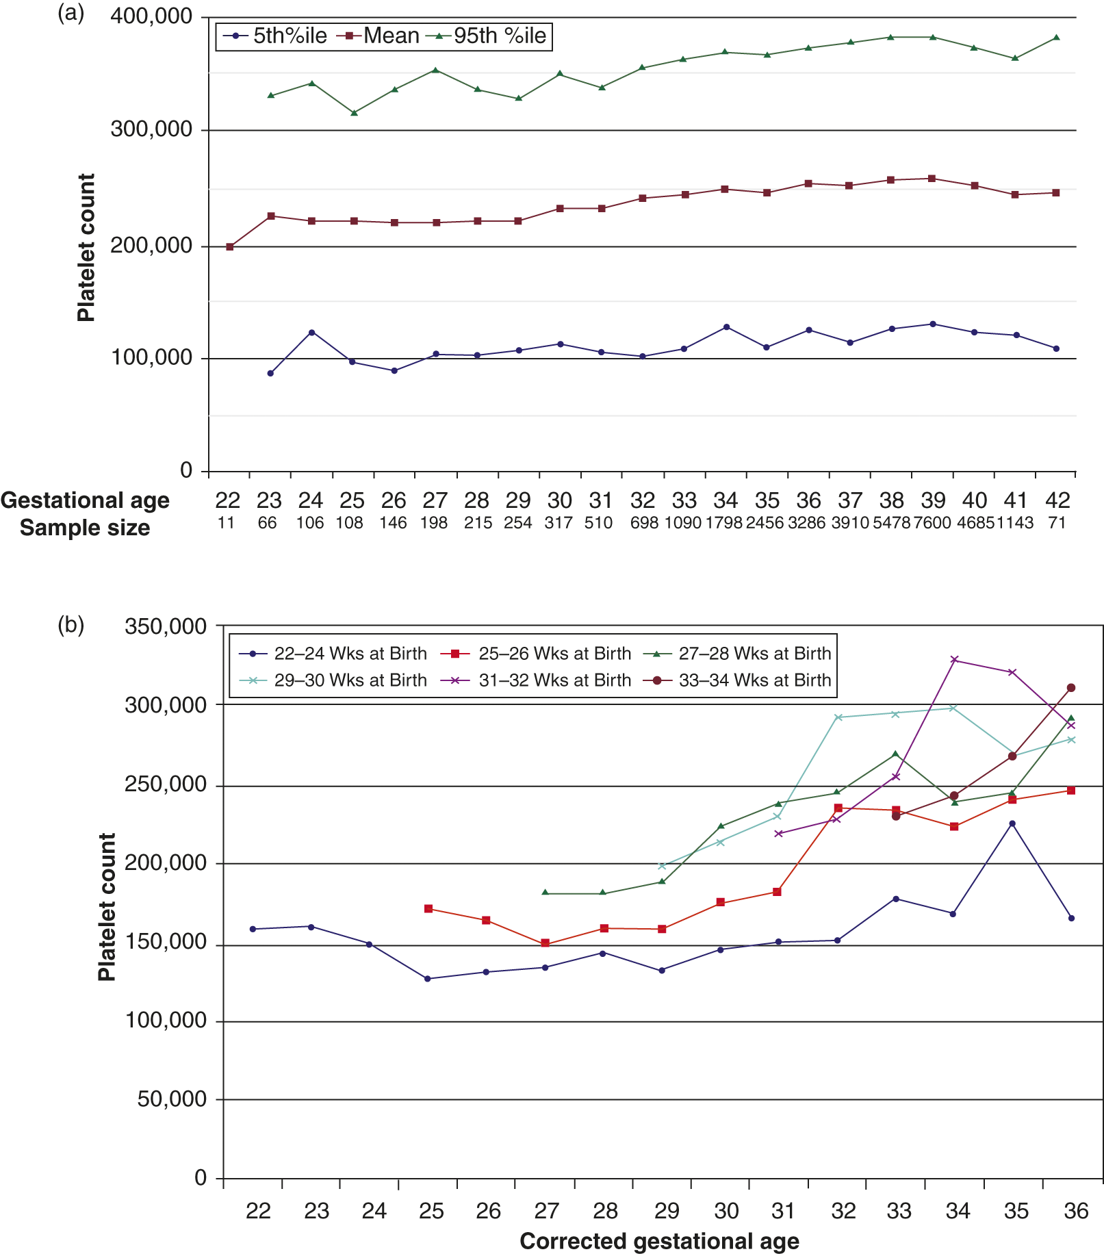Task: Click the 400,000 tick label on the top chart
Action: point(151,16)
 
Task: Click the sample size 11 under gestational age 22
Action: point(226,523)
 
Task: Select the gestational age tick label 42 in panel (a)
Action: point(1057,500)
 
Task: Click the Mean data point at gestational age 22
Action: point(229,246)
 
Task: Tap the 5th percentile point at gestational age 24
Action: point(311,333)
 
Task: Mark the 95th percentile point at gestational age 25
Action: point(354,113)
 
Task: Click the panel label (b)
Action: point(71,624)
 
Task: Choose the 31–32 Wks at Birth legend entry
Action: point(543,680)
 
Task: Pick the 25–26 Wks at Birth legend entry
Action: point(543,654)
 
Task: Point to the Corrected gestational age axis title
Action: point(659,1241)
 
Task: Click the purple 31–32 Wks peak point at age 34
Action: point(954,660)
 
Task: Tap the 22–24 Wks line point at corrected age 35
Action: point(1012,823)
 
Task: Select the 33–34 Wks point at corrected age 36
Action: point(1071,688)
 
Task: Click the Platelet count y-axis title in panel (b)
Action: point(107,907)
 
